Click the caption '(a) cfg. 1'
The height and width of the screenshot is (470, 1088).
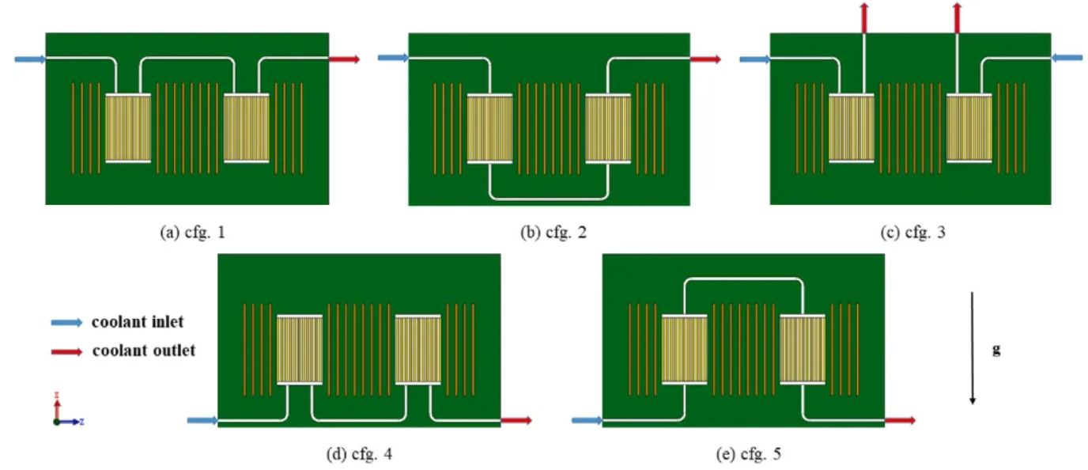pyautogui.click(x=187, y=233)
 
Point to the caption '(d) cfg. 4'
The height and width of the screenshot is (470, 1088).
pyautogui.click(x=358, y=453)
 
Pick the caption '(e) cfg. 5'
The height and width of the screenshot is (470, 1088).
pyautogui.click(x=743, y=453)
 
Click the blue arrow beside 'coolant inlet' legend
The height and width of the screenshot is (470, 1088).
pyautogui.click(x=66, y=323)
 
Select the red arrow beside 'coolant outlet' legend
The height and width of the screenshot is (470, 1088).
pyautogui.click(x=66, y=351)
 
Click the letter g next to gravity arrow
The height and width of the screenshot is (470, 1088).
pyautogui.click(x=996, y=348)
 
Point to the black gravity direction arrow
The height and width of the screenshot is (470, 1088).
pyautogui.click(x=973, y=348)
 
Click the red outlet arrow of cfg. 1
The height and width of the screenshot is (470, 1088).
pyautogui.click(x=344, y=59)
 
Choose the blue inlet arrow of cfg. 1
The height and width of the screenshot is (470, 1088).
pyautogui.click(x=30, y=59)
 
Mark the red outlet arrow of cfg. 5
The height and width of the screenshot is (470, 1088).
pyautogui.click(x=900, y=420)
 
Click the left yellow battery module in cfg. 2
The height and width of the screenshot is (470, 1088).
pyautogui.click(x=490, y=128)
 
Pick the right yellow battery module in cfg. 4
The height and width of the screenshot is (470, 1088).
pyautogui.click(x=417, y=350)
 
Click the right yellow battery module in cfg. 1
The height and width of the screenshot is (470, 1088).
pyautogui.click(x=247, y=128)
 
